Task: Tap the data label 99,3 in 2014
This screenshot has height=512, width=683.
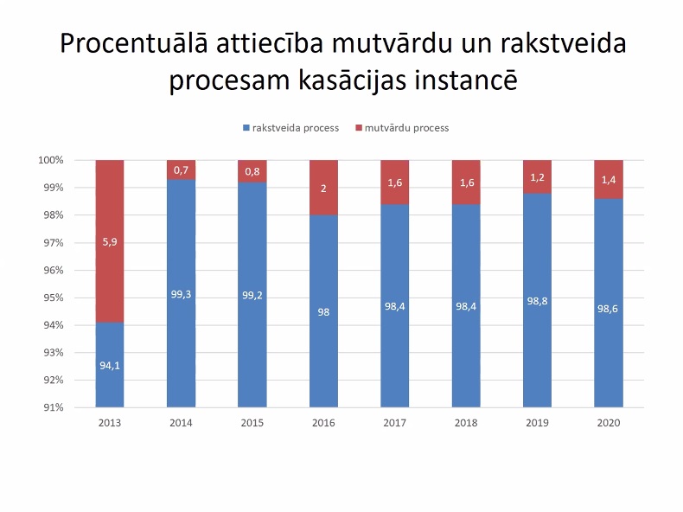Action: coord(181,294)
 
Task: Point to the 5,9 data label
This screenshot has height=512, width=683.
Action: coord(109,242)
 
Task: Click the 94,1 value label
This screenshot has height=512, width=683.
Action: coord(109,365)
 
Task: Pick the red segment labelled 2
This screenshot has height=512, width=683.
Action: coord(323,188)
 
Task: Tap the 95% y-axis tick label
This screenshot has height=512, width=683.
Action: coord(54,298)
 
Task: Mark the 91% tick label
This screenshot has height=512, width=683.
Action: coord(54,407)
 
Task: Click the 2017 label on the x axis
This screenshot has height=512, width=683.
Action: coord(394,423)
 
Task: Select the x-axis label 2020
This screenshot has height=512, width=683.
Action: coord(609,423)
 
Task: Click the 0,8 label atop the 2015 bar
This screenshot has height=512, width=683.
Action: coord(252,171)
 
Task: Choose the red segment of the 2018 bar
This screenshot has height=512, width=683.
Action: coord(466,182)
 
